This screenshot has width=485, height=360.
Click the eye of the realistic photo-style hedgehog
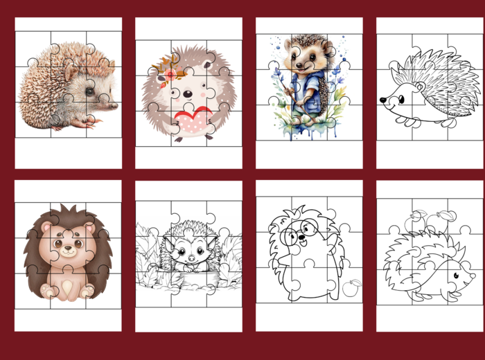(90, 91)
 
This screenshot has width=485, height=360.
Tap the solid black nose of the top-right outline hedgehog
(382, 101)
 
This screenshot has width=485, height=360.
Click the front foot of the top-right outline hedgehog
(416, 123)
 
